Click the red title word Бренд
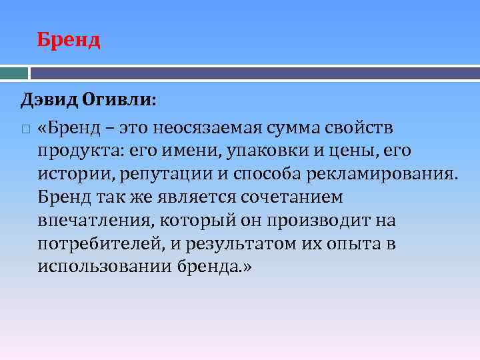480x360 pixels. point(69,40)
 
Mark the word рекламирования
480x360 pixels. point(384,174)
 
